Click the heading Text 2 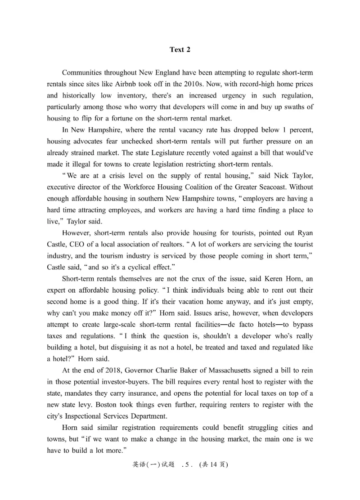coord(180,50)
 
